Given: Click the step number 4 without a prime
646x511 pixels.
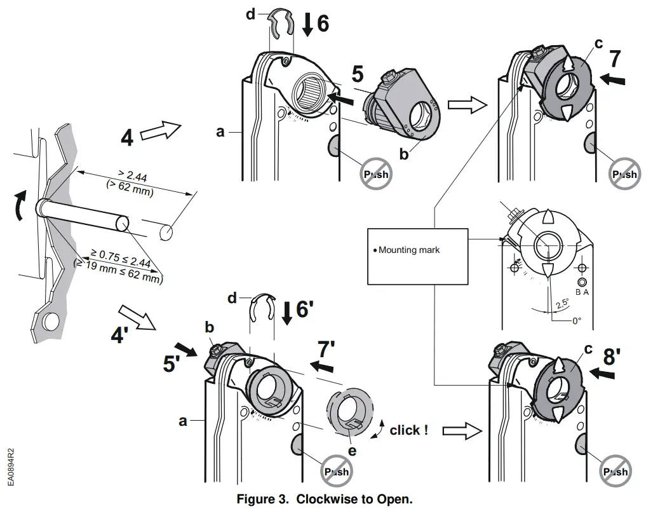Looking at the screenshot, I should coord(127,137).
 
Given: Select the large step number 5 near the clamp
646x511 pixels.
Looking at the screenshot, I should coord(358,74).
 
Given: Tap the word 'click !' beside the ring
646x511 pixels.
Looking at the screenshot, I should coord(408,430).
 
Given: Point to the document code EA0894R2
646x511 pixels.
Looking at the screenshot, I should coord(11,467).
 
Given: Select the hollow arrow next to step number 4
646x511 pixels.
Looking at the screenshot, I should coord(159,132).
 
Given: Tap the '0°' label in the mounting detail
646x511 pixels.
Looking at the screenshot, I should coord(575,321).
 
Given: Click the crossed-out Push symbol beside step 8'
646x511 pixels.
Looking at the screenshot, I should coord(614,471).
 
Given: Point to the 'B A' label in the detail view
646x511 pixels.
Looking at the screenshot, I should coord(582,292).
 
